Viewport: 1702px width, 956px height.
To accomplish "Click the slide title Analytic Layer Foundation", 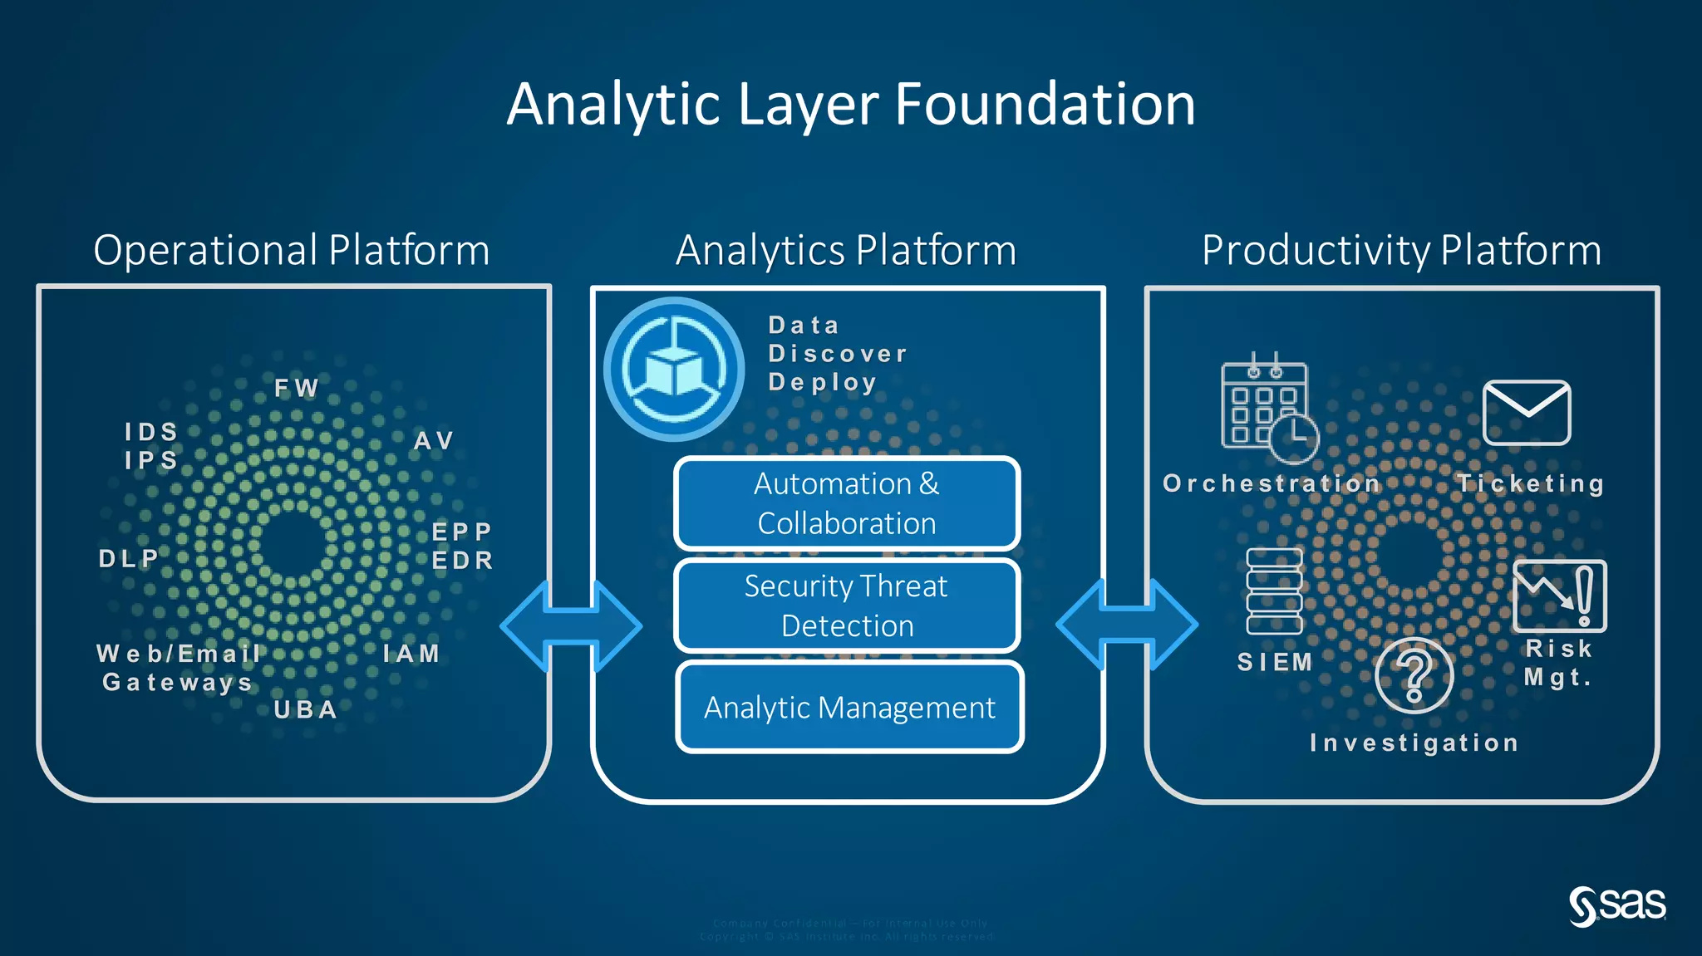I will point(851,105).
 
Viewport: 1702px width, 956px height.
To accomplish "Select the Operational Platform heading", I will point(292,250).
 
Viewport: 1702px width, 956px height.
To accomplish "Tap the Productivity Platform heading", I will point(1401,250).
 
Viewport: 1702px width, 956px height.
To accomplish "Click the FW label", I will point(297,388).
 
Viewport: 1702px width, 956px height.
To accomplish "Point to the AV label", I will point(434,440).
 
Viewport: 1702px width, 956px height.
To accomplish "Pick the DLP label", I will point(129,558).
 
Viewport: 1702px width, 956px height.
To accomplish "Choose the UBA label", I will point(306,709).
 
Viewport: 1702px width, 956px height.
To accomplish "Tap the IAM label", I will point(411,654).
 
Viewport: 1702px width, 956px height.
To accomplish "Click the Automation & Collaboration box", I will point(847,503).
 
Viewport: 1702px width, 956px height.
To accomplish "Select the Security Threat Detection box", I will point(847,605).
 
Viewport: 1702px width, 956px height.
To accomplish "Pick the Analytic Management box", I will point(849,708).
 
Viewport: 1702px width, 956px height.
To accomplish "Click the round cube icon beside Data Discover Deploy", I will point(674,369).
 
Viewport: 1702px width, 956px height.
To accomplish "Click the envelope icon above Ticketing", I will point(1527,413).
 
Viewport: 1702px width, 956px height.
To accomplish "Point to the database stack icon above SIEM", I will point(1274,591).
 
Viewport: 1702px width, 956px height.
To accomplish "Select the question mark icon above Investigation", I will point(1414,675).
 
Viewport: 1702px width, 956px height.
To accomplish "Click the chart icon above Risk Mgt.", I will point(1559,596).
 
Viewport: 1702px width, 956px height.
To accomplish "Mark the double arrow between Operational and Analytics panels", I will point(571,625).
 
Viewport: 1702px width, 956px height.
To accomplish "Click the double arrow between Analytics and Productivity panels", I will point(1127,624).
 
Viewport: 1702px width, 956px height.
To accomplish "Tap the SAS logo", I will point(1617,905).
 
